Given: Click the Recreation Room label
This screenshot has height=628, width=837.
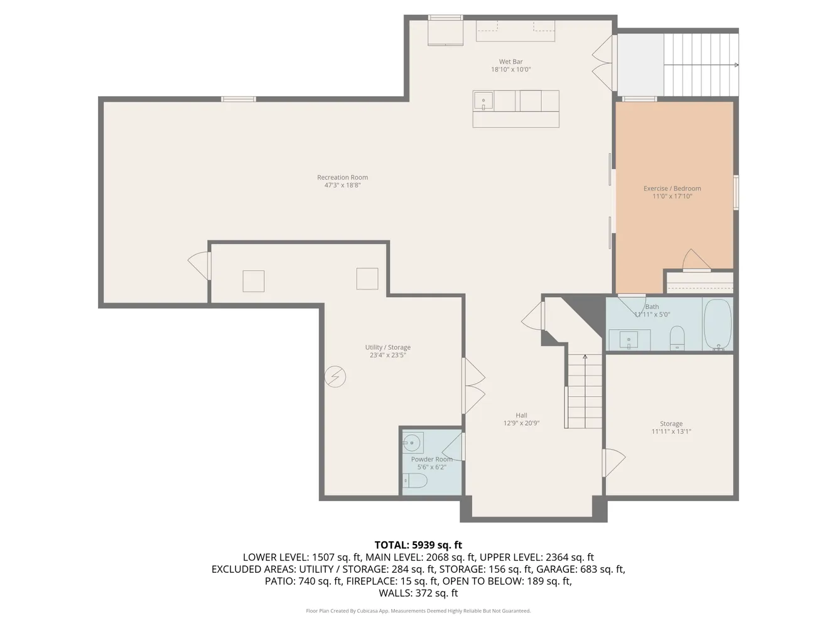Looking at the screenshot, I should click(x=342, y=178).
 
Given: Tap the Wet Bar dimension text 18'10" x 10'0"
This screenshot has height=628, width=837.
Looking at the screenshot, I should click(x=510, y=70).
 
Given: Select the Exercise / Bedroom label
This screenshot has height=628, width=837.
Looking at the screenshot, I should click(x=672, y=188).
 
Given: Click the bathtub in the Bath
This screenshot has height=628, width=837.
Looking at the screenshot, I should click(x=718, y=324).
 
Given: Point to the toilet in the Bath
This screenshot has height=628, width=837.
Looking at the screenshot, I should click(x=677, y=337).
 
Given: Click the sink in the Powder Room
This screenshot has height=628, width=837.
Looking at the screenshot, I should click(x=412, y=443).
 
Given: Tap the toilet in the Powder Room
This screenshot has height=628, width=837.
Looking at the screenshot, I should click(x=416, y=481).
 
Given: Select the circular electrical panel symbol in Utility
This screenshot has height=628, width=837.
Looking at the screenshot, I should click(x=335, y=376).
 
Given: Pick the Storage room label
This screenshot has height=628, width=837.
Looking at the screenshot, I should click(x=671, y=424).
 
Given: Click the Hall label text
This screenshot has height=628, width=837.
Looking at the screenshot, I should click(x=521, y=415).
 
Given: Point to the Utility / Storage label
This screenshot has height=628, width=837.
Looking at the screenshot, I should click(x=387, y=347).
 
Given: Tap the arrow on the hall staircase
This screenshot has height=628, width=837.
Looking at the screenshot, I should click(x=585, y=357).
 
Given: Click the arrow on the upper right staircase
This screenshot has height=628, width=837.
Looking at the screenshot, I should click(x=736, y=65).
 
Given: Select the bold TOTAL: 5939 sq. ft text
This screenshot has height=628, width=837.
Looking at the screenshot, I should click(x=418, y=545).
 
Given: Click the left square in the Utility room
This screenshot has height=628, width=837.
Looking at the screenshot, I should click(x=254, y=281).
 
